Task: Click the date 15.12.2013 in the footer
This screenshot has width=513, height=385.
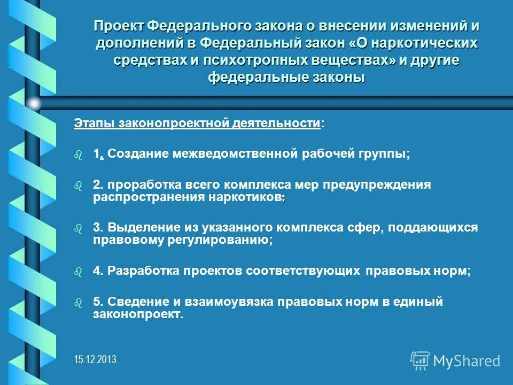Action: pos(95,359)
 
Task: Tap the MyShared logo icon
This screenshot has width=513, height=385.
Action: pos(420,361)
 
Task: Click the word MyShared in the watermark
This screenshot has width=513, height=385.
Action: pos(467,361)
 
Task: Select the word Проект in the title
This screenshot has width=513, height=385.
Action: pos(118,26)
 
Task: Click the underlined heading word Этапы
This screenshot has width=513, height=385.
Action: pos(90,124)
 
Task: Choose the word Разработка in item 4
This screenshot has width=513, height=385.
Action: pos(140,271)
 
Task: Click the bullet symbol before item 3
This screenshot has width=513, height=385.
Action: pos(79,228)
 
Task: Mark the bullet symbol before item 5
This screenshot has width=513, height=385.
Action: pos(79,303)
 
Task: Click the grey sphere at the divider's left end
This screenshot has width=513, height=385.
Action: pos(34,103)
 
